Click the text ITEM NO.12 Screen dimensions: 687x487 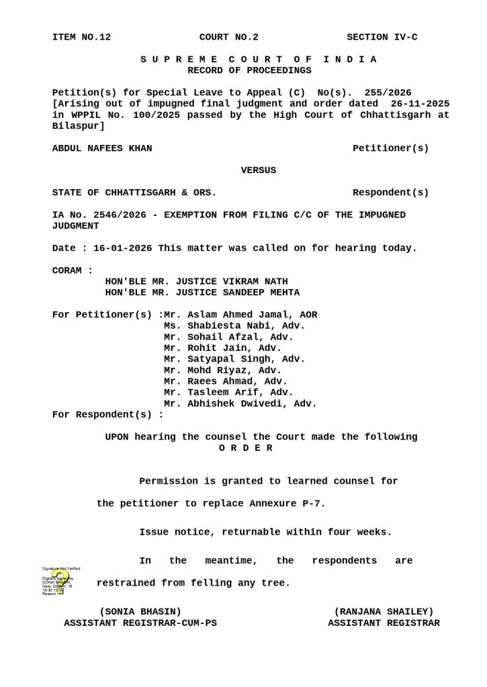[81, 37]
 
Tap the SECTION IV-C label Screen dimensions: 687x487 [382, 37]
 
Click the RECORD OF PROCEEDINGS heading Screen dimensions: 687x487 [249, 70]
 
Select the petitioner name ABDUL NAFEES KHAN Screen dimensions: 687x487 [102, 148]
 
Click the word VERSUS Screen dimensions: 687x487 [258, 170]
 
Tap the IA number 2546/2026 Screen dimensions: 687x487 [109, 215]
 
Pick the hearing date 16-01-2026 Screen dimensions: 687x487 [123, 248]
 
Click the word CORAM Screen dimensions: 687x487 [70, 270]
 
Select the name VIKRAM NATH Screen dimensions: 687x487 [258, 281]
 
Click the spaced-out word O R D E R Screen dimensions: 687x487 [246, 448]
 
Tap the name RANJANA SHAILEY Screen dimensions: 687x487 [384, 611]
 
